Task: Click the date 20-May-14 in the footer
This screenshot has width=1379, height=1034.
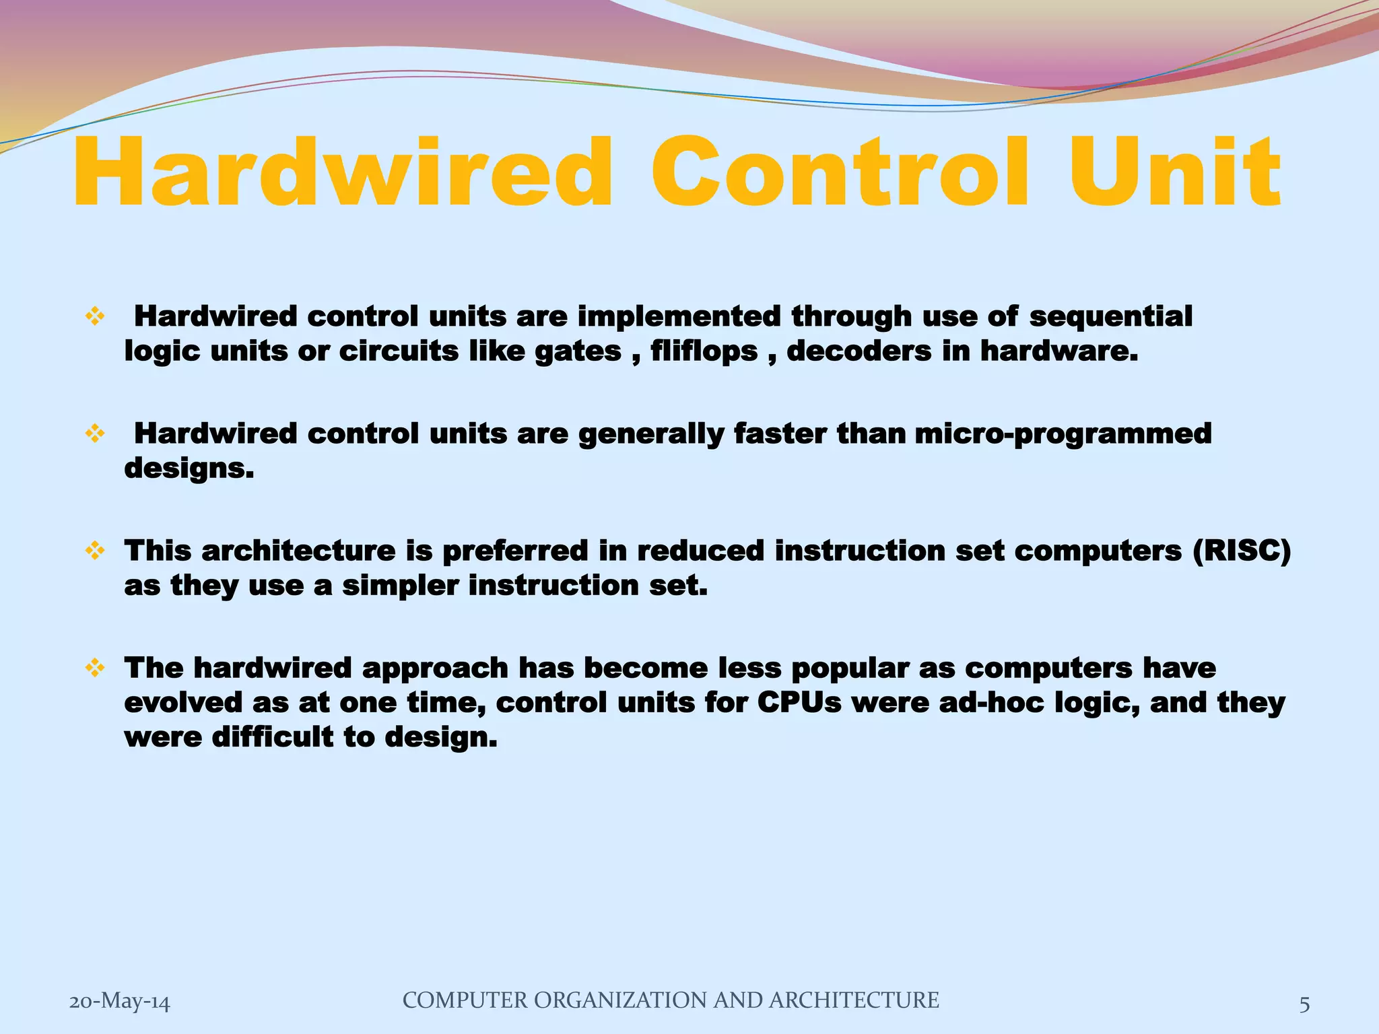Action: pos(120,1002)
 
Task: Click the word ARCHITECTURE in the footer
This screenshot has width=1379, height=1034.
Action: pos(854,1000)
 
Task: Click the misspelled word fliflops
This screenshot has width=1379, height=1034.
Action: pos(704,352)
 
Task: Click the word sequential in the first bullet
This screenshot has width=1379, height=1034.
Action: pos(1110,316)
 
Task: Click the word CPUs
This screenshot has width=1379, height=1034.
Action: pos(799,703)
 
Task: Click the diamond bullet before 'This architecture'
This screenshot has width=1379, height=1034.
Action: pos(95,551)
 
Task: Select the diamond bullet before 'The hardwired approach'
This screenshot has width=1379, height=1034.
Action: pos(95,668)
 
